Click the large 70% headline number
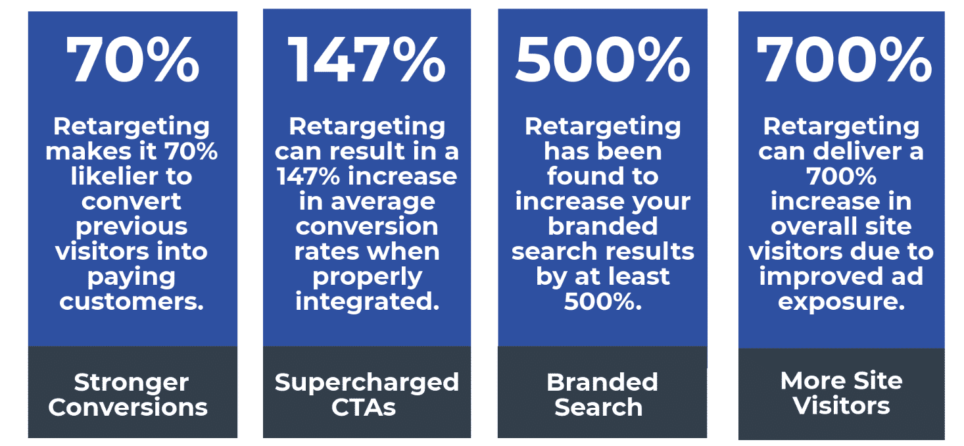pyautogui.click(x=132, y=60)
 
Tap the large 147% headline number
pyautogui.click(x=367, y=60)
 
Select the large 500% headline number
pyautogui.click(x=602, y=60)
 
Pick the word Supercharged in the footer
pyautogui.click(x=367, y=382)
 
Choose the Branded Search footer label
pyautogui.click(x=602, y=395)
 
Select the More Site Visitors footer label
pyautogui.click(x=842, y=393)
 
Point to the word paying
pyautogui.click(x=132, y=277)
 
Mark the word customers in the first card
pyautogui.click(x=132, y=301)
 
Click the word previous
pyautogui.click(x=132, y=226)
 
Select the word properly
pyautogui.click(x=367, y=277)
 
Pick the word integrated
pyautogui.click(x=367, y=301)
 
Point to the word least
pyautogui.click(x=635, y=277)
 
